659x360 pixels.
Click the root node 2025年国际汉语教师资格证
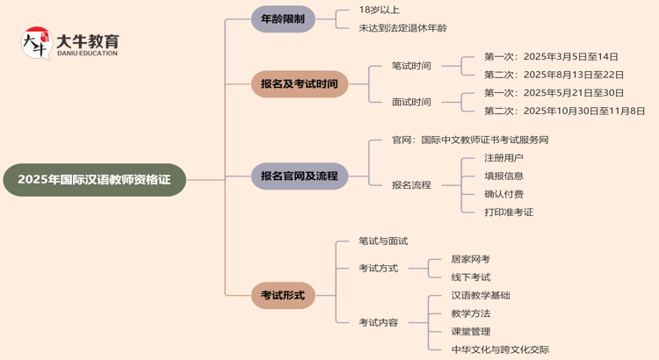tap(95, 180)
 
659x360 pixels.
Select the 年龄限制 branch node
tap(283, 19)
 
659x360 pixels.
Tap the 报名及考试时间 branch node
tap(300, 84)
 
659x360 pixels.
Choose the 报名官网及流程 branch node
tap(300, 176)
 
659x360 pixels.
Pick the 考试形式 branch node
tap(283, 296)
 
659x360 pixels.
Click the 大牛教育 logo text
tap(87, 41)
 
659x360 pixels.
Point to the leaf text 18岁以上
tap(379, 10)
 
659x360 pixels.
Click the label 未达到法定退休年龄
tap(402, 28)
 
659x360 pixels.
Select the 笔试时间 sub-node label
tap(411, 66)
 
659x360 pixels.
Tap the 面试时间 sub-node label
tap(411, 102)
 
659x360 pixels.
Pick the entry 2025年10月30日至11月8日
tap(564, 112)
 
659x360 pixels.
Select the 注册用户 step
tap(503, 158)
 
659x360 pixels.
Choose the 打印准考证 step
tap(509, 212)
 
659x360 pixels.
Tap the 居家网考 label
tap(471, 259)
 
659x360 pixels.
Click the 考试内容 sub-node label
tap(379, 323)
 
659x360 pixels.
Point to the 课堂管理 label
tap(471, 332)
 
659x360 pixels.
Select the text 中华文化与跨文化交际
tap(500, 349)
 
